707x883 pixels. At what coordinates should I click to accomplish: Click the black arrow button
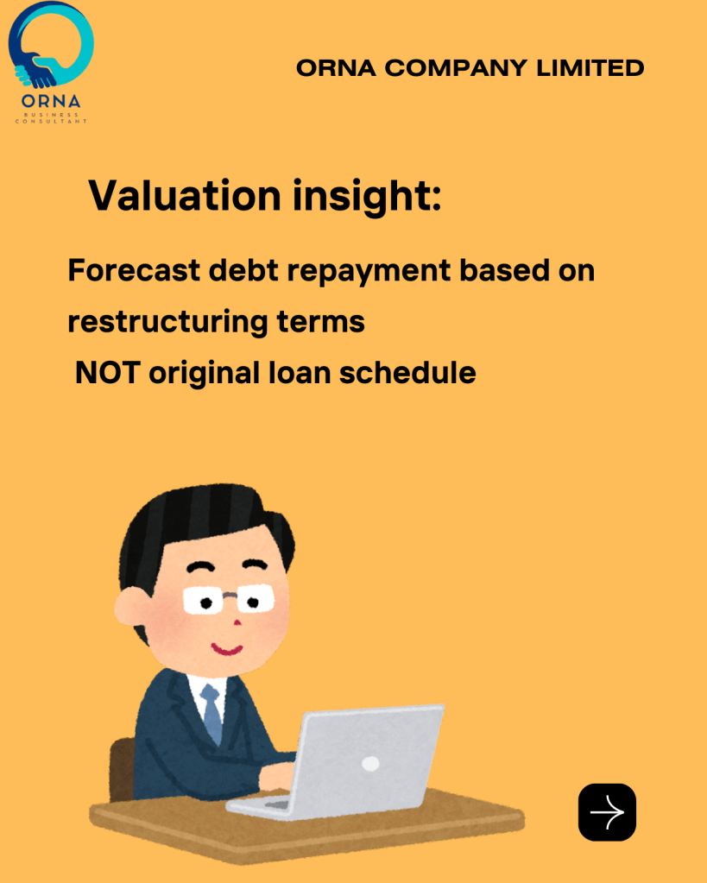coord(607,811)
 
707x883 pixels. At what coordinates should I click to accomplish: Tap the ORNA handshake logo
coord(51,62)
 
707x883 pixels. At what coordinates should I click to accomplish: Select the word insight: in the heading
coord(367,196)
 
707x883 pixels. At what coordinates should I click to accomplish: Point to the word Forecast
coord(134,270)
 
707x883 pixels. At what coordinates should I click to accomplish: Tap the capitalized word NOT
coord(108,373)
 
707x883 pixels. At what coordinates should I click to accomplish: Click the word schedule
coord(407,372)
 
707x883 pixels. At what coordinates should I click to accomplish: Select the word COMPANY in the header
coord(456,68)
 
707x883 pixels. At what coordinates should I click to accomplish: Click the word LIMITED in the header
coord(590,68)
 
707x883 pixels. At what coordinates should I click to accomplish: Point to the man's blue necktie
coord(211,713)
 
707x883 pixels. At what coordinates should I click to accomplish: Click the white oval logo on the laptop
coord(370,764)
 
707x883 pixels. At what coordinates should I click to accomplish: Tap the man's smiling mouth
coord(226,649)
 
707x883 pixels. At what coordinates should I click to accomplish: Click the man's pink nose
coord(237,622)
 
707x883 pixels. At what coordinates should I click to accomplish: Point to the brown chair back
coord(123,769)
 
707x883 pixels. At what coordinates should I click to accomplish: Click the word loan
coord(300,372)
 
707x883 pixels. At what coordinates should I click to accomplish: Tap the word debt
coord(243,270)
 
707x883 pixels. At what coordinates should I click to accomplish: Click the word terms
coord(320,322)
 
